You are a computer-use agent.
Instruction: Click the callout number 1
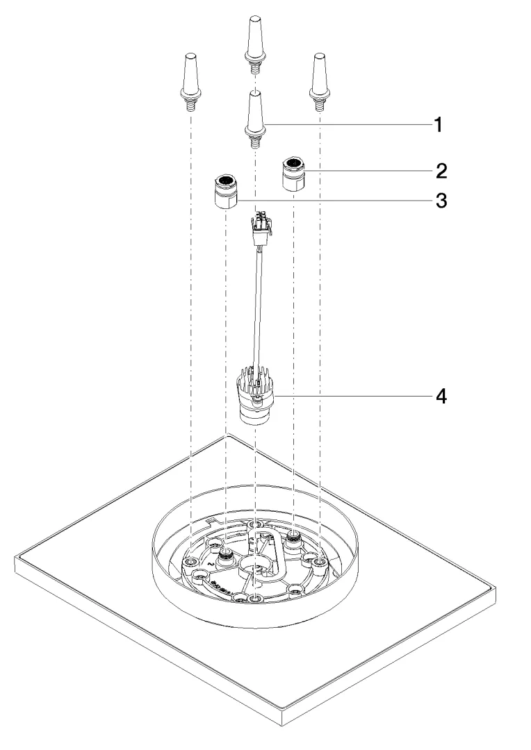(438, 125)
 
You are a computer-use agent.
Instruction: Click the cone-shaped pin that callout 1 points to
(255, 115)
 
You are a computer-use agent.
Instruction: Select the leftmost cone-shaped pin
(190, 76)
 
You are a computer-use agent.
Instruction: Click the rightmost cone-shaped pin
(320, 76)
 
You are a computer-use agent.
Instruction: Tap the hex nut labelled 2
(293, 174)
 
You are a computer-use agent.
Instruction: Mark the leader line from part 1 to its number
(348, 124)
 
